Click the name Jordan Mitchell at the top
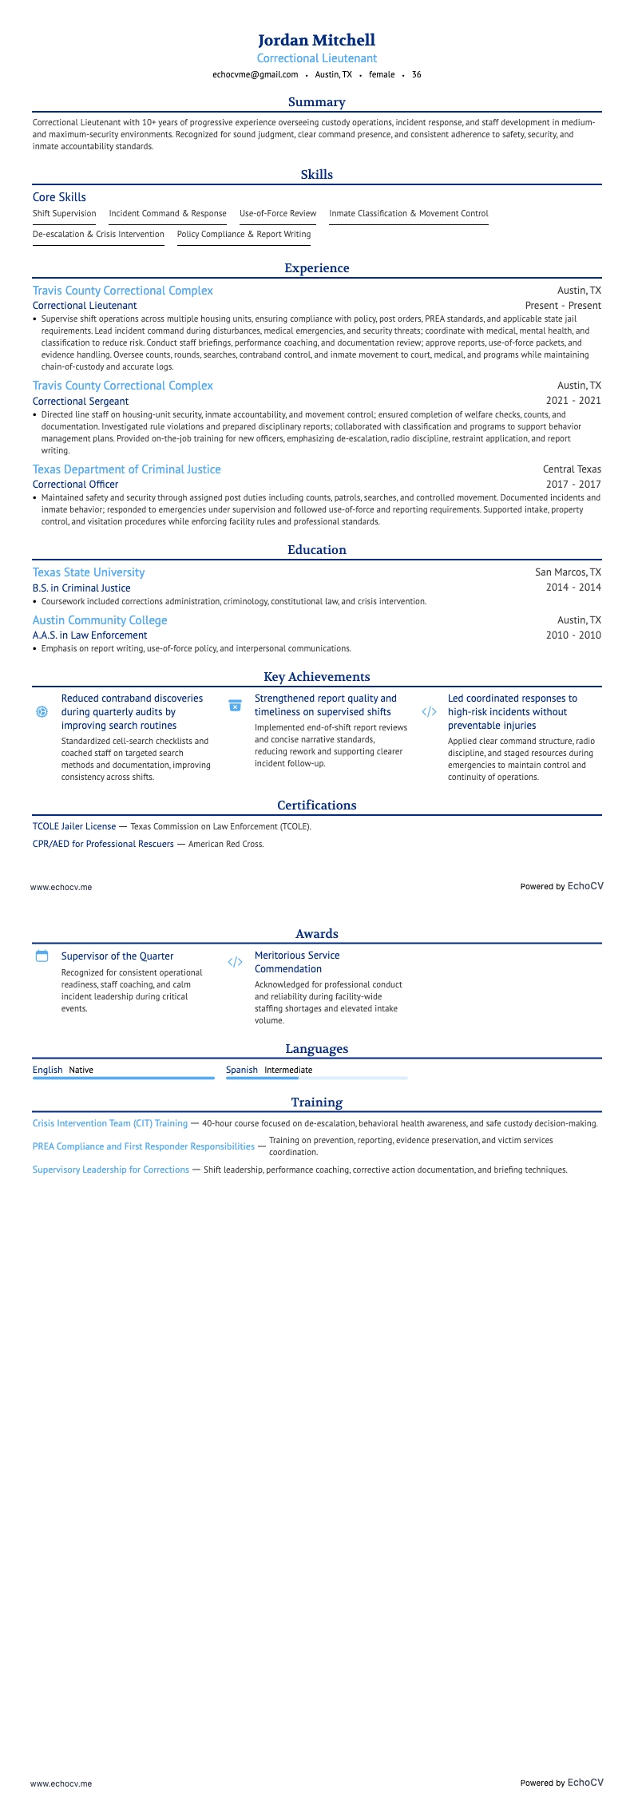click(316, 40)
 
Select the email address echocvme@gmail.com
click(255, 75)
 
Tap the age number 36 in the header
click(416, 75)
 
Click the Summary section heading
click(316, 102)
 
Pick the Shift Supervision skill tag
click(64, 214)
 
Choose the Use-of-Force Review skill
click(278, 214)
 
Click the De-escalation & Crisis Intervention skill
click(98, 235)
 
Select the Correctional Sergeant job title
click(81, 402)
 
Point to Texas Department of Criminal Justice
click(126, 469)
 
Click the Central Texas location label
click(572, 469)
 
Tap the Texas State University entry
click(89, 572)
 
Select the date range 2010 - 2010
click(573, 635)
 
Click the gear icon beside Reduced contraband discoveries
click(42, 711)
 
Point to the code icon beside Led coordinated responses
click(429, 711)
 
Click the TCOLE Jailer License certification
click(74, 827)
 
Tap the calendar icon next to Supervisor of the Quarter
click(42, 956)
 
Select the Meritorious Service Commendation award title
click(297, 962)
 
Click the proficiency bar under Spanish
click(316, 1079)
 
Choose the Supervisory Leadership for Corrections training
click(111, 1170)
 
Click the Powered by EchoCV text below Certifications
click(561, 886)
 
